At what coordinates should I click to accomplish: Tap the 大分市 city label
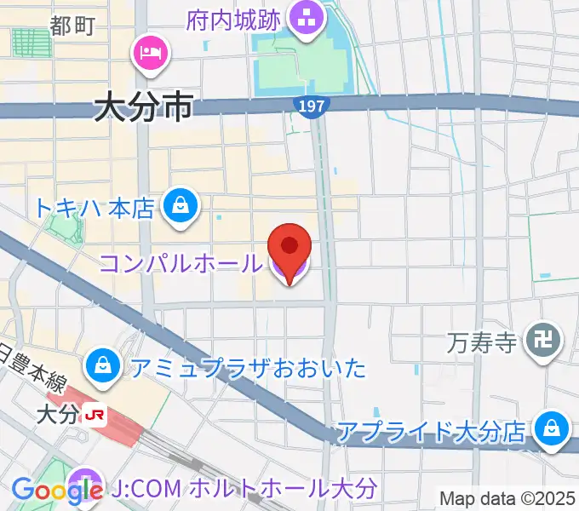(x=144, y=108)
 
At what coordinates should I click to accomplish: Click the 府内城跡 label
(x=236, y=18)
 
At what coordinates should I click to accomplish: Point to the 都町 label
(x=72, y=26)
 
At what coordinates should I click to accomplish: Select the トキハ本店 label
(x=94, y=207)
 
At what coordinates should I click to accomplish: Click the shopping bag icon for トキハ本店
(x=181, y=205)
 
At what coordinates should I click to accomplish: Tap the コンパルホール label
(x=181, y=264)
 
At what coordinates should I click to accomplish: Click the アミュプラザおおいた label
(x=248, y=368)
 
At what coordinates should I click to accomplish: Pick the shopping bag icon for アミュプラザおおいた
(x=103, y=366)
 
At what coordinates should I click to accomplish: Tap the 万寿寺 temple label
(x=482, y=344)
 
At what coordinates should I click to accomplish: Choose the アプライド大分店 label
(x=431, y=432)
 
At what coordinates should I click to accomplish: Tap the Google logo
(x=57, y=491)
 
